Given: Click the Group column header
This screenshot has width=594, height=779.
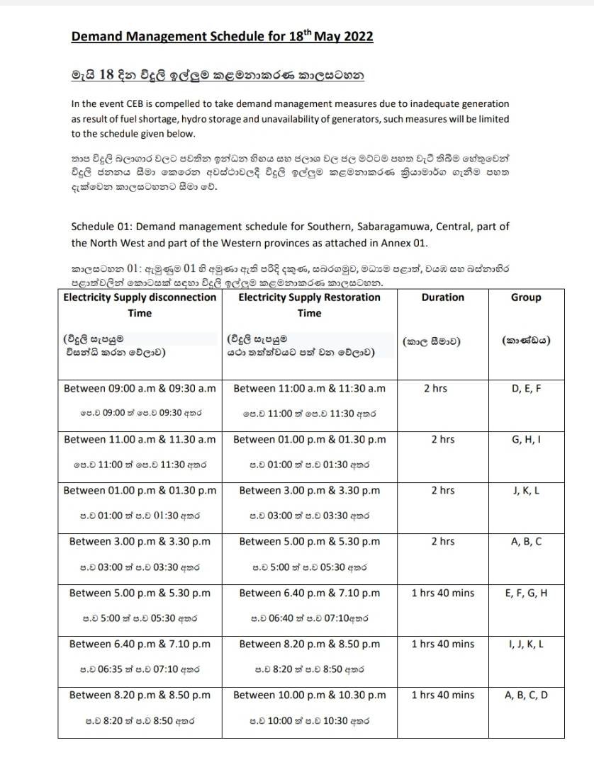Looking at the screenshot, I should pyautogui.click(x=525, y=297).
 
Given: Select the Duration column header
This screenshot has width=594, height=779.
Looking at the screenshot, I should pyautogui.click(x=442, y=297).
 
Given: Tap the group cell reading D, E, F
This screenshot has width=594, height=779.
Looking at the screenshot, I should pyautogui.click(x=525, y=388).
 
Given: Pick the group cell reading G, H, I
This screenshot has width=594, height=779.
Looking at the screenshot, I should pyautogui.click(x=525, y=439).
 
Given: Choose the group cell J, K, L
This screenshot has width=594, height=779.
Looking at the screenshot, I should pyautogui.click(x=525, y=490).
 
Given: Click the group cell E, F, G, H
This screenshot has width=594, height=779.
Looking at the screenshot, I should pyautogui.click(x=525, y=593).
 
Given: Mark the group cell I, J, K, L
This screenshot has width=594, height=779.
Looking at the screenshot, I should pyautogui.click(x=525, y=644).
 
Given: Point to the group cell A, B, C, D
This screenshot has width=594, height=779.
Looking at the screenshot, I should pyautogui.click(x=525, y=695).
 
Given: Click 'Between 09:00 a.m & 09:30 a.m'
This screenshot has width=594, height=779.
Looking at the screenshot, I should pyautogui.click(x=140, y=388).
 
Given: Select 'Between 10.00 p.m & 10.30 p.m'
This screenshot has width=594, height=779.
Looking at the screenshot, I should pyautogui.click(x=310, y=695).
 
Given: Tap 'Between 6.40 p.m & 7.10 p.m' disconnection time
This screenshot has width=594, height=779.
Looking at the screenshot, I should pyautogui.click(x=140, y=644).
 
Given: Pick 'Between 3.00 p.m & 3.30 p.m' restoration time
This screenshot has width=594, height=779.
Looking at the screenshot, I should pyautogui.click(x=310, y=490).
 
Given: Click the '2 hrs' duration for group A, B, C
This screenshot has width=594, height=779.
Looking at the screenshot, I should pyautogui.click(x=442, y=541).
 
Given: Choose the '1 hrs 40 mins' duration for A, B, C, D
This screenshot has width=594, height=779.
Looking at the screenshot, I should pyautogui.click(x=442, y=695).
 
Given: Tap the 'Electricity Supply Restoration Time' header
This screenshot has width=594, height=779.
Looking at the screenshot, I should pyautogui.click(x=310, y=305).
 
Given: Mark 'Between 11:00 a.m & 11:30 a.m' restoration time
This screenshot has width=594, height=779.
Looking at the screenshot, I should pyautogui.click(x=310, y=388).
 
